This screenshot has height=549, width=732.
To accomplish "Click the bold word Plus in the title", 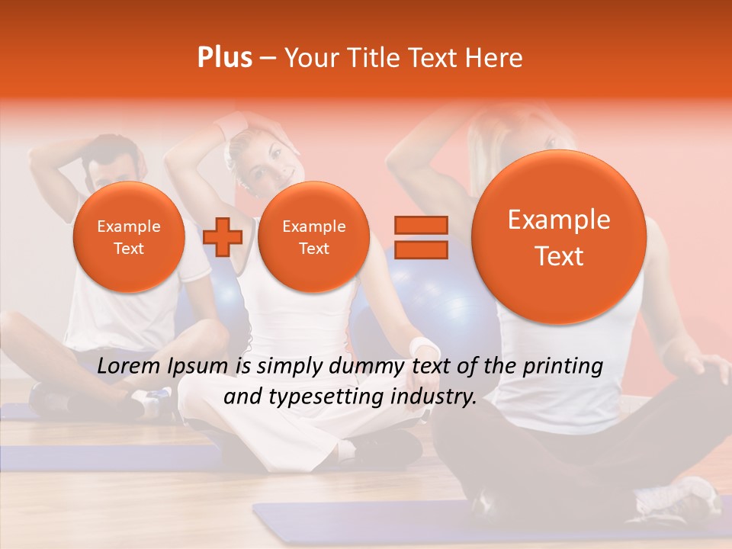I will click(x=224, y=58).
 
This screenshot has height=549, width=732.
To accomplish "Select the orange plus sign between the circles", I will click(x=223, y=237).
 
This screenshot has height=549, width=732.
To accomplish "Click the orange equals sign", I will click(x=420, y=237).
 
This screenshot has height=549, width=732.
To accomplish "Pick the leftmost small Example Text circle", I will click(x=128, y=237).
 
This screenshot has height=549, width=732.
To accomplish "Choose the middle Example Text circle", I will click(x=313, y=237).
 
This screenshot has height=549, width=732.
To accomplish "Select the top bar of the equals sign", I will click(x=420, y=225).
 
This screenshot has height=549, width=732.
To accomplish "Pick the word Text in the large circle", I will click(x=559, y=256).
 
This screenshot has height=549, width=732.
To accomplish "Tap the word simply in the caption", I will click(x=290, y=367).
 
